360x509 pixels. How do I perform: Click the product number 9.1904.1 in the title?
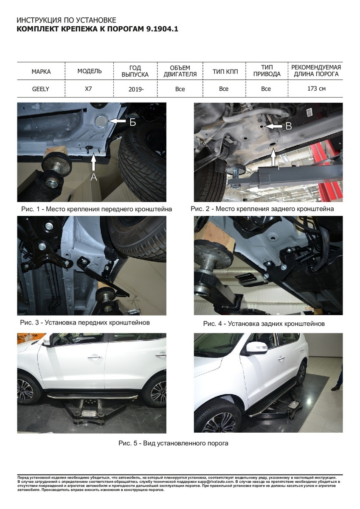162,29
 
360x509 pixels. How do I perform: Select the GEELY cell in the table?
40,89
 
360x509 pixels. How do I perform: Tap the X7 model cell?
88,88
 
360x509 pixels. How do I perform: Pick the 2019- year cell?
136,89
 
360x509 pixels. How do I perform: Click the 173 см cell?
316,88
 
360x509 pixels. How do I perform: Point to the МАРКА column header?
41,72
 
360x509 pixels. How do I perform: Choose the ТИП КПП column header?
225,72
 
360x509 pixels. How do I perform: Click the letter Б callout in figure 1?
132,122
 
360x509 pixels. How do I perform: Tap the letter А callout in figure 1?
94,177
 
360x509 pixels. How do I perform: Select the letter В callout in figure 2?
288,126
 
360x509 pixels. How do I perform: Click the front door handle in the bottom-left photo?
95,357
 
